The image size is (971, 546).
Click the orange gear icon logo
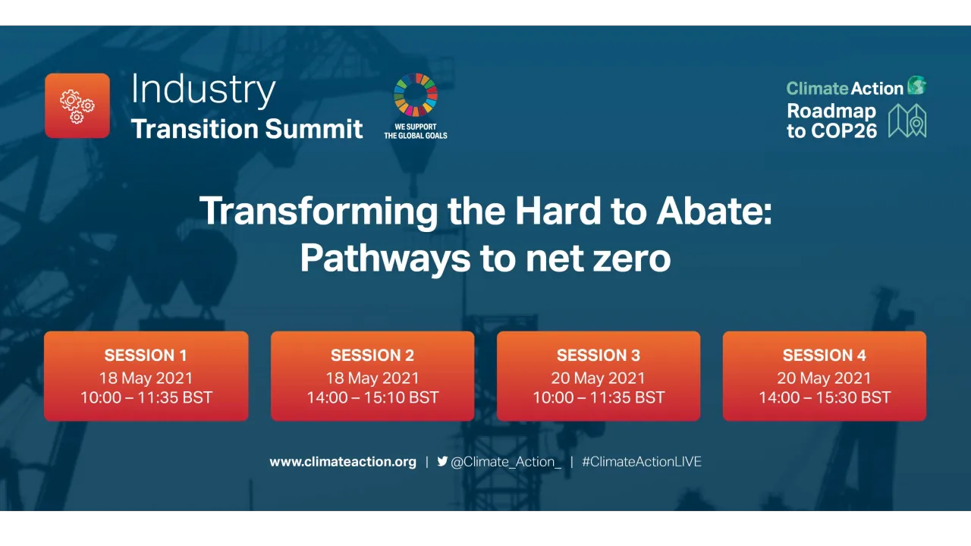click(77, 106)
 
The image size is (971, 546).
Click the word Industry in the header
click(203, 89)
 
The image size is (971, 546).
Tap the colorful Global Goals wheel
click(415, 95)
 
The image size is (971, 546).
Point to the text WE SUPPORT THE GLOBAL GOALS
click(415, 131)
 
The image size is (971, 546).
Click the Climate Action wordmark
click(844, 88)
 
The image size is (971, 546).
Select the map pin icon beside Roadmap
click(907, 121)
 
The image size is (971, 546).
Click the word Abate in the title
click(716, 211)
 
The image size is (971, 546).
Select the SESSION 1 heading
click(146, 355)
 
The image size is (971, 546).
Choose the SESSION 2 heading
click(372, 355)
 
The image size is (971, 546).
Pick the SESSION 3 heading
click(598, 355)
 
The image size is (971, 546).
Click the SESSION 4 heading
click(824, 355)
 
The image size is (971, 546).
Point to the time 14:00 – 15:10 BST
click(372, 397)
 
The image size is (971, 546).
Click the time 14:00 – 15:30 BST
click(824, 397)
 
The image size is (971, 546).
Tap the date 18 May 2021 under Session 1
click(146, 378)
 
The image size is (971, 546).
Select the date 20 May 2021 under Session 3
click(598, 378)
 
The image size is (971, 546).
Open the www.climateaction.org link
click(343, 461)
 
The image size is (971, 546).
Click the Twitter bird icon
click(442, 461)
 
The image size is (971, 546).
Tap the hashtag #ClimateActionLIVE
click(641, 461)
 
